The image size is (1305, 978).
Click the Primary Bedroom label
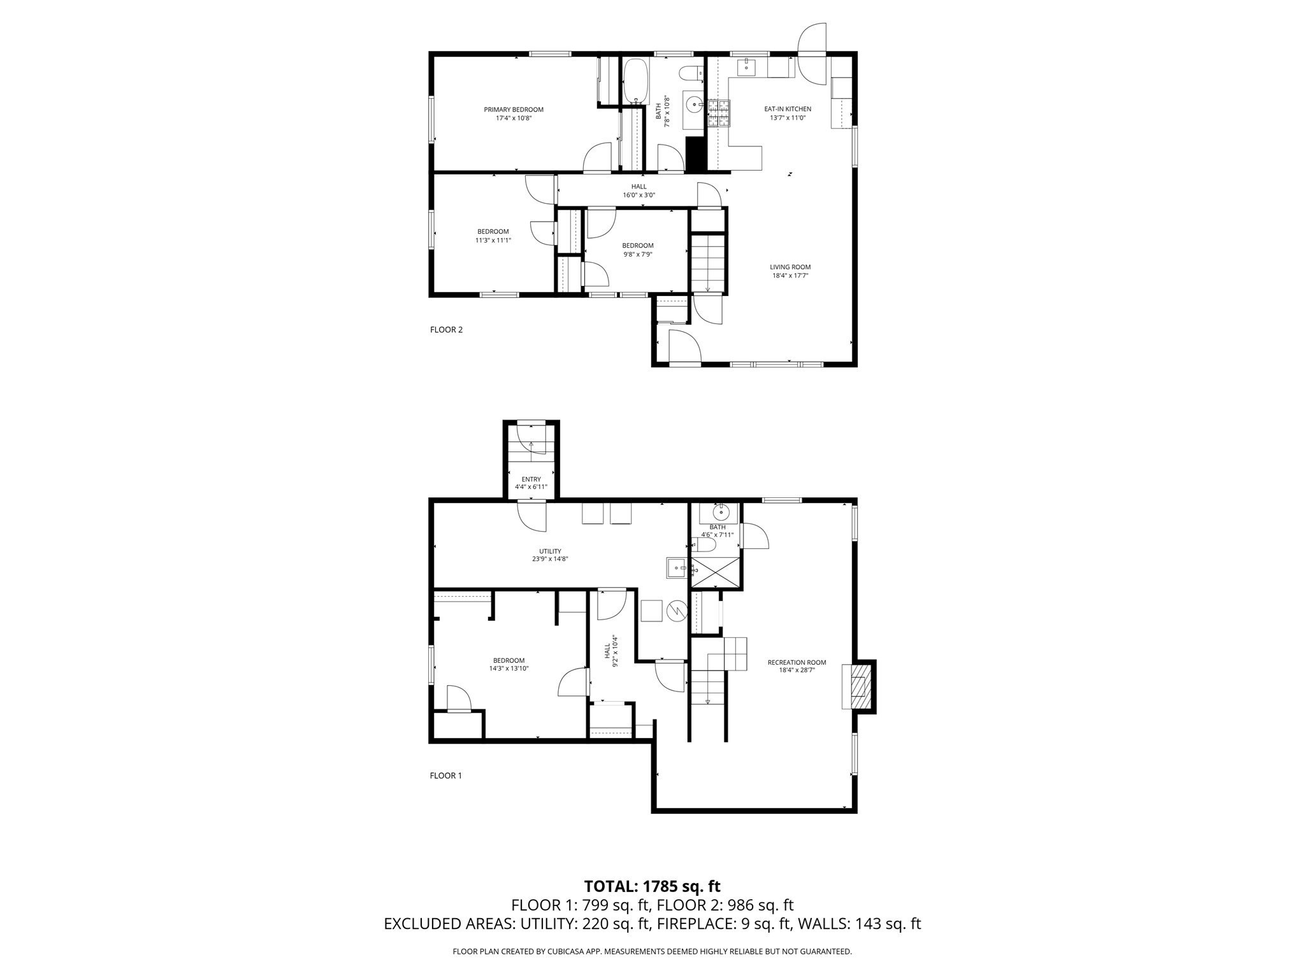(x=513, y=110)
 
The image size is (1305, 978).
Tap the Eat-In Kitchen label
(x=788, y=109)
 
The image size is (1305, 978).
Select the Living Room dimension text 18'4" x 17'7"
(x=790, y=276)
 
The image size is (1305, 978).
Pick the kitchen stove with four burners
(x=719, y=114)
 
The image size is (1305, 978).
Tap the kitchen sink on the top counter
(x=746, y=67)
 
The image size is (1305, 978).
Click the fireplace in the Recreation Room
(x=858, y=686)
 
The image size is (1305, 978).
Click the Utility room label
(x=550, y=551)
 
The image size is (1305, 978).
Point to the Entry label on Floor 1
(x=531, y=479)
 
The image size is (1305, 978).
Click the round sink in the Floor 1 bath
(x=721, y=512)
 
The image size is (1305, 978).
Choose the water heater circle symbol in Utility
(x=675, y=612)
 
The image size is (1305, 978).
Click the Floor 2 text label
(x=446, y=330)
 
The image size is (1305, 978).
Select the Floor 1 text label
(x=446, y=776)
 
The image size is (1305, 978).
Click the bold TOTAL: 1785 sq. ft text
(x=652, y=886)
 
